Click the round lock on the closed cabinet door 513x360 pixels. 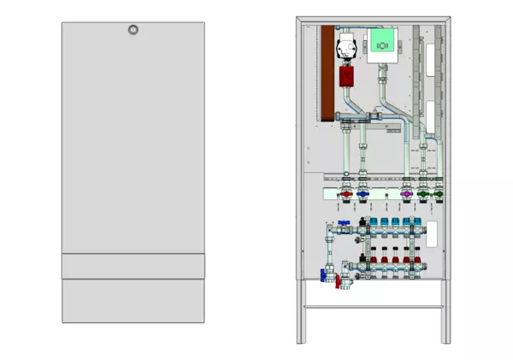click(133, 30)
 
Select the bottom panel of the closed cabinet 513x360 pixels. click(133, 300)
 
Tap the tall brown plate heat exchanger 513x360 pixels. click(327, 73)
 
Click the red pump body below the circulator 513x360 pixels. click(347, 76)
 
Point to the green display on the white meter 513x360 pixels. click(381, 40)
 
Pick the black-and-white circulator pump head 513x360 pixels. click(347, 46)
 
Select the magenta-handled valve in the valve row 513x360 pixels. click(404, 196)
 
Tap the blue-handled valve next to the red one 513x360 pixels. click(363, 196)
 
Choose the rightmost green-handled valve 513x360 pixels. click(439, 196)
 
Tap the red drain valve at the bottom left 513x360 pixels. click(336, 279)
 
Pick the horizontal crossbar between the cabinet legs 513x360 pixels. click(374, 307)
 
